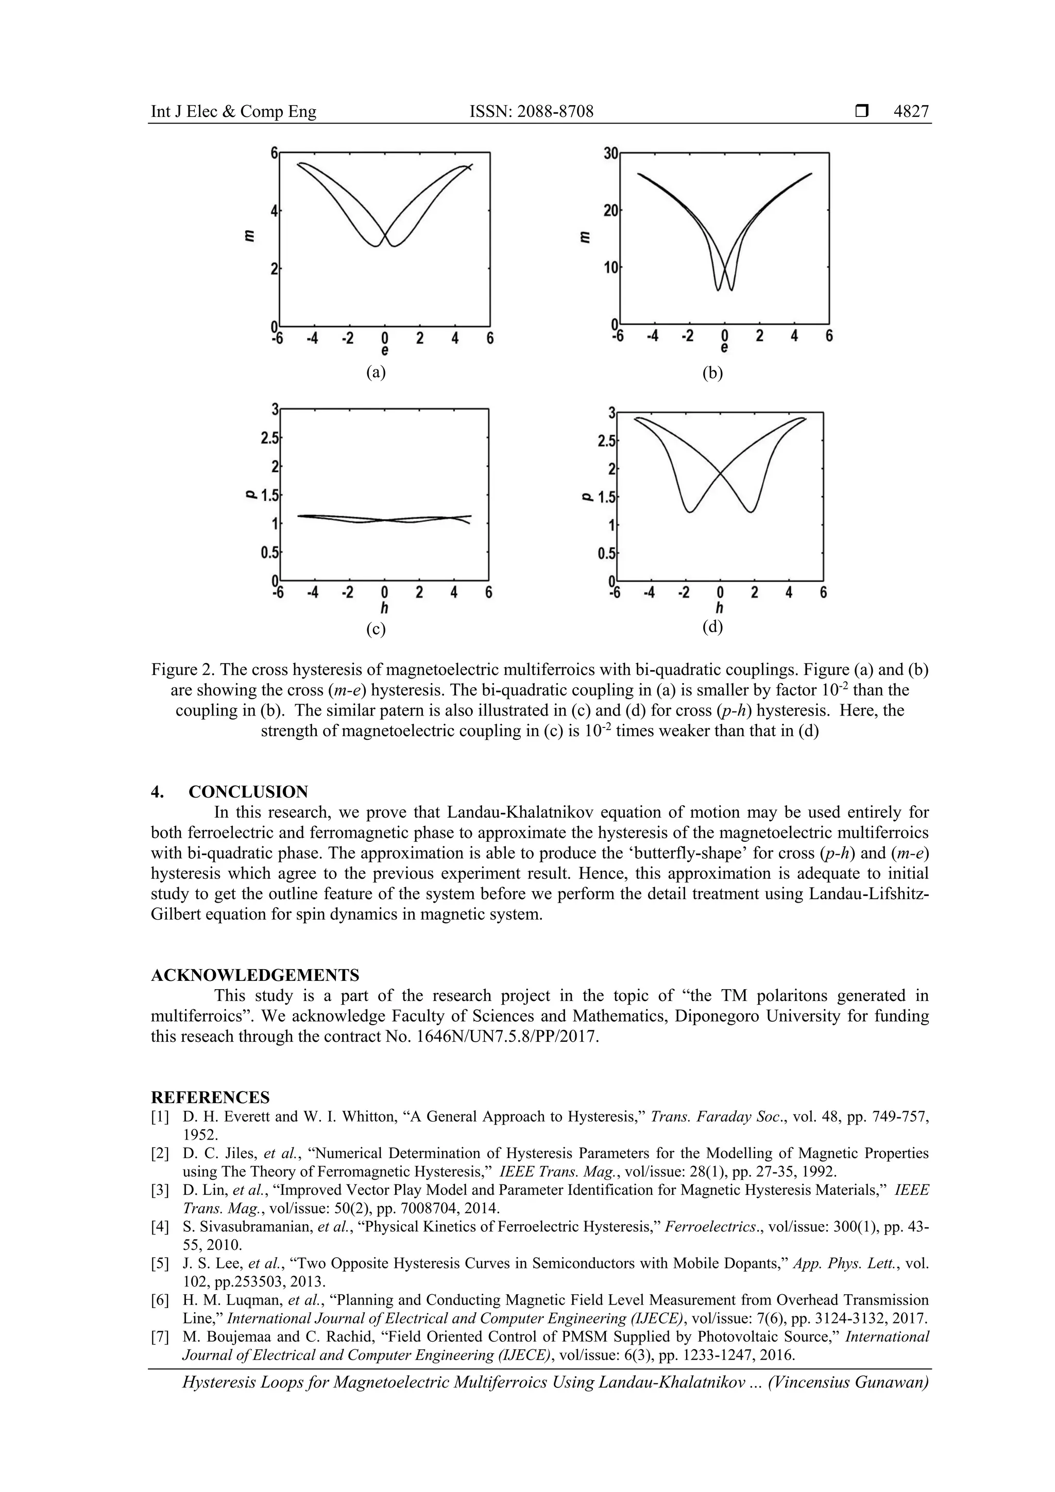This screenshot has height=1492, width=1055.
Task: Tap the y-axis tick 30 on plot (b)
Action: [610, 154]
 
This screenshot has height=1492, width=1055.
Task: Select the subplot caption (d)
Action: [712, 627]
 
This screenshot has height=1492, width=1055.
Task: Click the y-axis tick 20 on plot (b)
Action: [610, 211]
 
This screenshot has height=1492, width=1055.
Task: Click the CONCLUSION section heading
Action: [248, 791]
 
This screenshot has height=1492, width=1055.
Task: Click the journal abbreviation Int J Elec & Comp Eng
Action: [233, 112]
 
